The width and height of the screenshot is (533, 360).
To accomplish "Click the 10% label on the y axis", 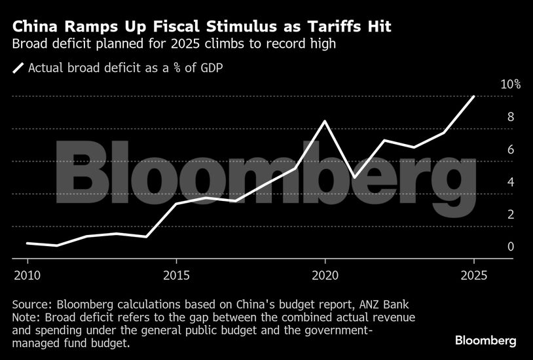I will click(510, 84).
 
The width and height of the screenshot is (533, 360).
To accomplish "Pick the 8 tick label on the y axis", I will click(510, 117).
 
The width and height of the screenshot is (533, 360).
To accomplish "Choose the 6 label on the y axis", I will click(510, 149).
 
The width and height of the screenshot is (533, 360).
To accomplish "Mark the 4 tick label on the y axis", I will click(510, 182).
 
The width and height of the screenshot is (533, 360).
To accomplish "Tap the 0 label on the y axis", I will click(510, 247).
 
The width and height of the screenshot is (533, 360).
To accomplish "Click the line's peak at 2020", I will click(325, 121).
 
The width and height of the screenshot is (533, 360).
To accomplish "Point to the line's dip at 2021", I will click(354, 177).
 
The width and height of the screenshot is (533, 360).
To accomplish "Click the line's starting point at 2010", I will click(28, 243).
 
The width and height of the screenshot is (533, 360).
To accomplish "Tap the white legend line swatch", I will click(18, 67).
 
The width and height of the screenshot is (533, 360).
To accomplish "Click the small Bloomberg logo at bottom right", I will click(486, 340).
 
